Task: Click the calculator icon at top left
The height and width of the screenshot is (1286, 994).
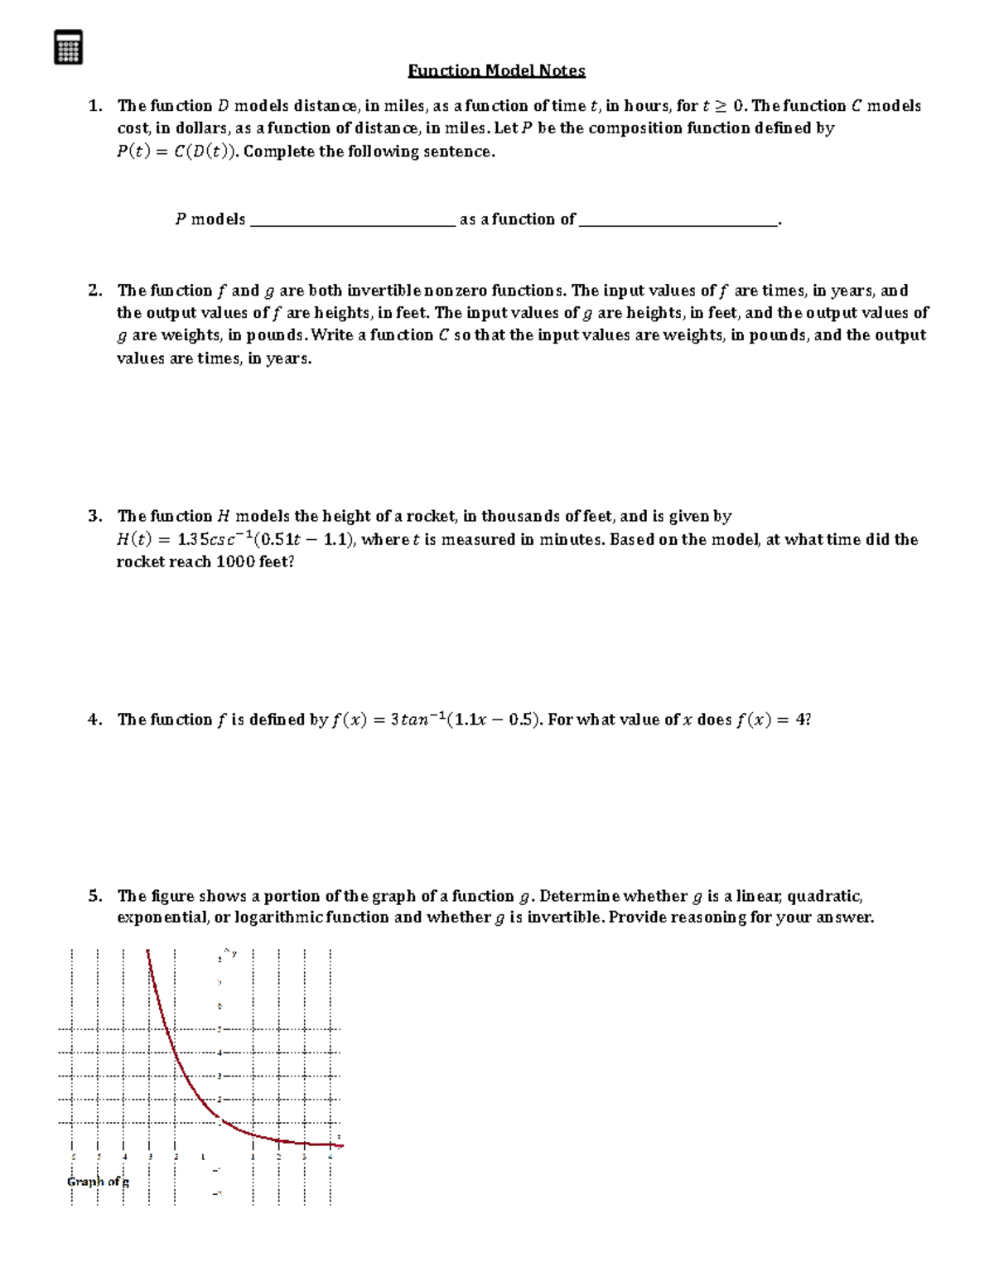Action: click(68, 47)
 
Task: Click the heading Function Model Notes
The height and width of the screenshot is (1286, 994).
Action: click(496, 70)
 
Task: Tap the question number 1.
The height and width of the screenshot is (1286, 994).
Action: click(95, 106)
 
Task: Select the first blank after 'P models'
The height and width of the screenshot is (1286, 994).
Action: click(352, 220)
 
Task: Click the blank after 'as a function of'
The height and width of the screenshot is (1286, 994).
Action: click(678, 220)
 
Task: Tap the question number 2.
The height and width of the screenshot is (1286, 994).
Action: click(95, 291)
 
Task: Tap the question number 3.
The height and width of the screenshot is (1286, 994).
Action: click(95, 517)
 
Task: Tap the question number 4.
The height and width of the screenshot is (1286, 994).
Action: click(95, 720)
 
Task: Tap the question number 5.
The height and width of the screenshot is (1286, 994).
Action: click(95, 896)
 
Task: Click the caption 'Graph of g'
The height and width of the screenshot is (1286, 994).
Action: click(98, 1182)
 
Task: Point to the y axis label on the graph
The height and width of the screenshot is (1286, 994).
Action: click(234, 954)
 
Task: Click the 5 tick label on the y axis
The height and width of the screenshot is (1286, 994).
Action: click(220, 1029)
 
